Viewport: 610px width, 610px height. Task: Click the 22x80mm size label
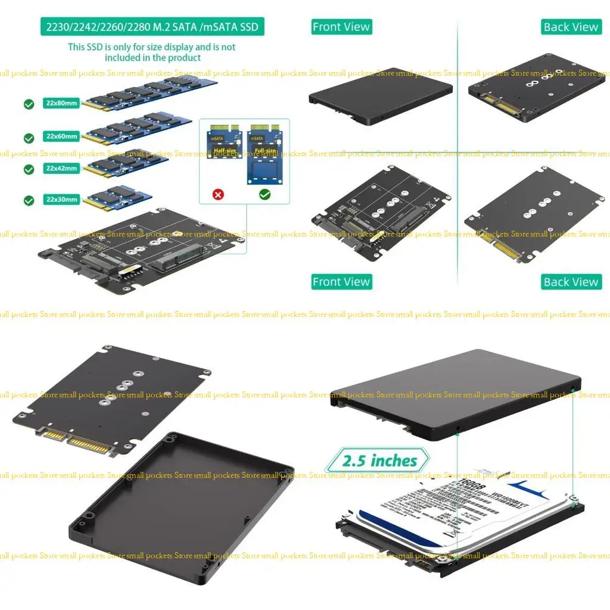(61, 102)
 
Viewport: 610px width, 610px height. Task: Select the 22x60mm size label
(61, 136)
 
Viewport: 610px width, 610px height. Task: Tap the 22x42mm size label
(61, 169)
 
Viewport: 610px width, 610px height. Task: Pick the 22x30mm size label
(61, 200)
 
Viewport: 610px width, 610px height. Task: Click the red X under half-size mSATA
(218, 195)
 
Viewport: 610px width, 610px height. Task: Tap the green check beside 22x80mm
(29, 104)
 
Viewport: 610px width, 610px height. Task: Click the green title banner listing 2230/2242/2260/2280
(152, 27)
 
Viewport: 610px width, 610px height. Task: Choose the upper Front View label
(341, 27)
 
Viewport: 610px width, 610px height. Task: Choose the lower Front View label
(341, 282)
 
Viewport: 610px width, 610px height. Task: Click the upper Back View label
(570, 27)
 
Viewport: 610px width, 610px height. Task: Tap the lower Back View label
(570, 282)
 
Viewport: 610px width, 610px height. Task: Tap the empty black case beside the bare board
(182, 506)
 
